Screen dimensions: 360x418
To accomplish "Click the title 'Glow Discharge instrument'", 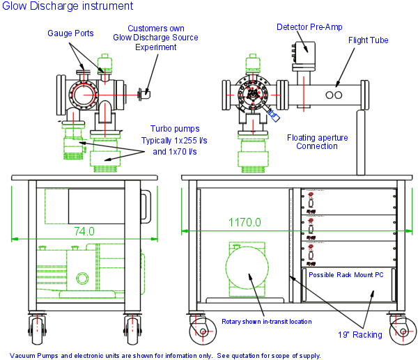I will pyautogui.click(x=67, y=6).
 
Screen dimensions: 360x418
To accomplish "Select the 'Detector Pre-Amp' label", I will pyautogui.click(x=308, y=27).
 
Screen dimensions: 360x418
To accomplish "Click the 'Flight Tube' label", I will pyautogui.click(x=368, y=40).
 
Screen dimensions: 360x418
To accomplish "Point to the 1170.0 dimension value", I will pyautogui.click(x=245, y=222).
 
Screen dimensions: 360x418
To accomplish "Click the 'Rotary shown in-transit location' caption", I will pyautogui.click(x=266, y=322).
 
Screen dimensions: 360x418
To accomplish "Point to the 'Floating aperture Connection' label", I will pyautogui.click(x=316, y=142).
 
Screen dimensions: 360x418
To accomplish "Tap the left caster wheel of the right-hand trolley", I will pyautogui.click(x=203, y=331).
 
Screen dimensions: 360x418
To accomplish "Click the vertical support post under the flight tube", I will pyautogui.click(x=362, y=143).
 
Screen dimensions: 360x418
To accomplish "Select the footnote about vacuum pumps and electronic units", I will pyautogui.click(x=165, y=355).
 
